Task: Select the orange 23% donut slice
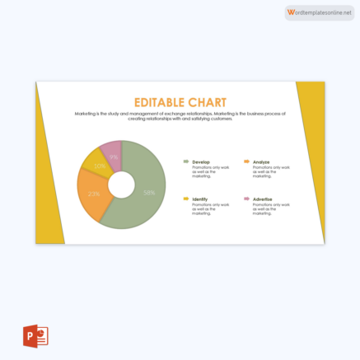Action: [x=91, y=198]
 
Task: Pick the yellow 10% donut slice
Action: [x=96, y=163]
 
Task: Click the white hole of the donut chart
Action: [x=121, y=185]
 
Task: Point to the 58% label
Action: [x=149, y=193]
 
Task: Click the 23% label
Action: [x=94, y=194]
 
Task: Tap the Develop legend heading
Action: [x=201, y=161]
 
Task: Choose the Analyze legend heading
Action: [x=261, y=161]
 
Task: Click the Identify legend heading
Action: [x=200, y=199]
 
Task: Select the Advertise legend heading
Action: [x=263, y=199]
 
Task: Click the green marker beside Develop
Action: [x=185, y=161]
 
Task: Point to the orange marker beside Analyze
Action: [x=246, y=161]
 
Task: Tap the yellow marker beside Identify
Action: [x=185, y=199]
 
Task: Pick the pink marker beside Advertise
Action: [x=246, y=199]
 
